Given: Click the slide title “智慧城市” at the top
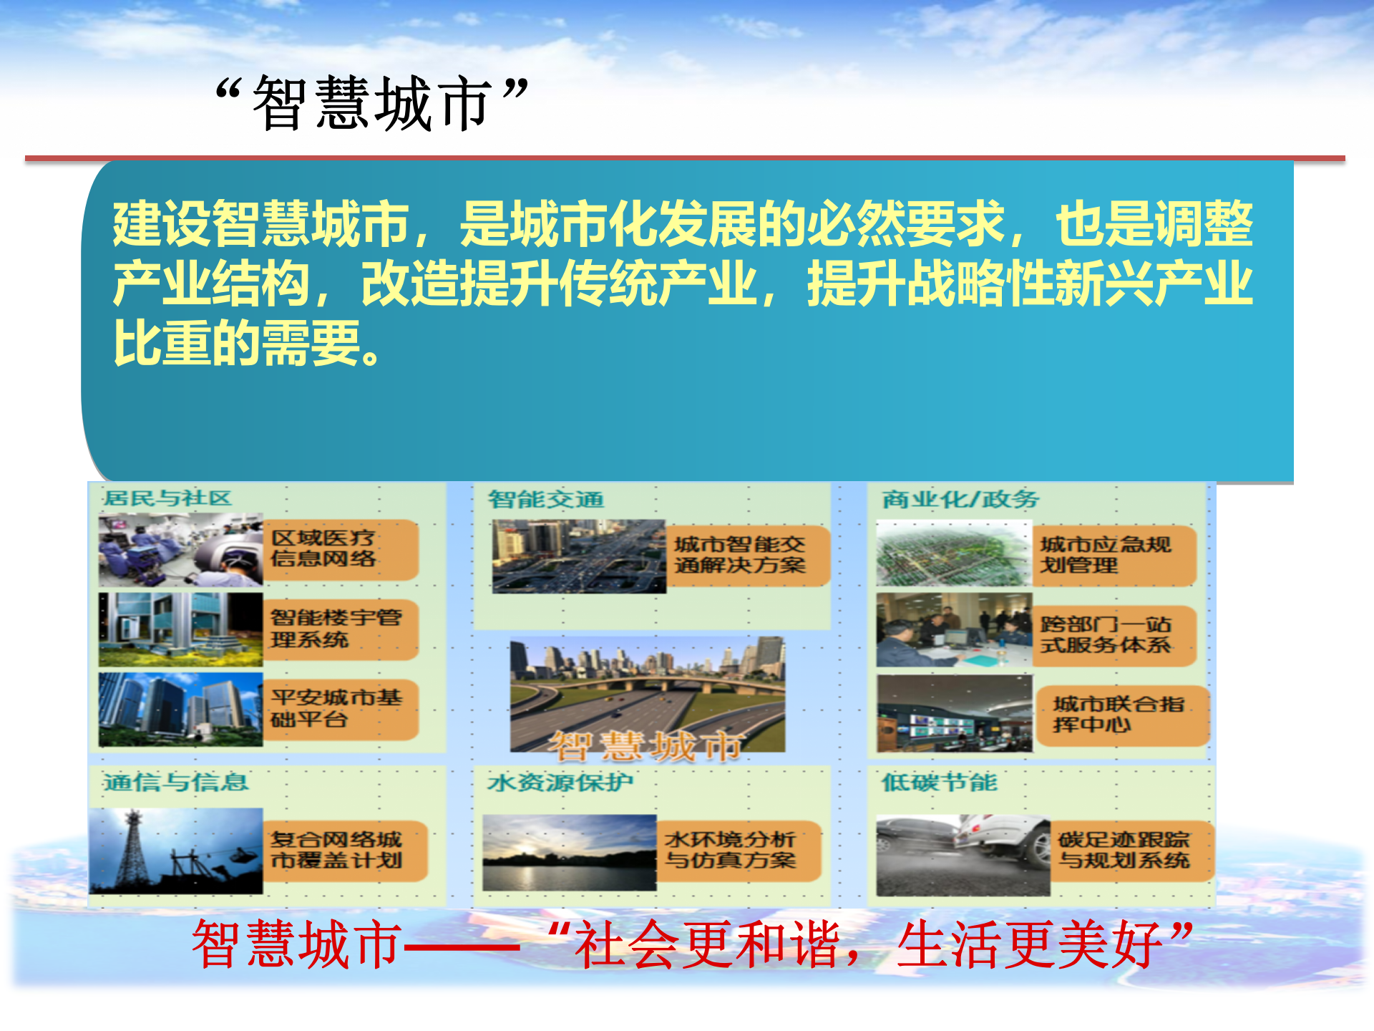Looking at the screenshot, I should (372, 104).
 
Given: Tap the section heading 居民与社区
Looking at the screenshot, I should (167, 498).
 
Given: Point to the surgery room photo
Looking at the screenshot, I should (180, 550).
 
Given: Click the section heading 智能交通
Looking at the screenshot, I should (546, 499).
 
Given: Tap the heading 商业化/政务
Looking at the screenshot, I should (960, 499).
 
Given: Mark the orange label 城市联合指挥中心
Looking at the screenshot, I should (1121, 715).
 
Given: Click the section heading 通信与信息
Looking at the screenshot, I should (175, 782).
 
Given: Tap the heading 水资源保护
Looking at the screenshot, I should (560, 782).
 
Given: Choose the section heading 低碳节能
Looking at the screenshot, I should (939, 782).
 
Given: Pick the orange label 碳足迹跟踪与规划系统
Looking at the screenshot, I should (1127, 850).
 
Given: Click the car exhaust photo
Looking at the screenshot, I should (963, 855).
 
